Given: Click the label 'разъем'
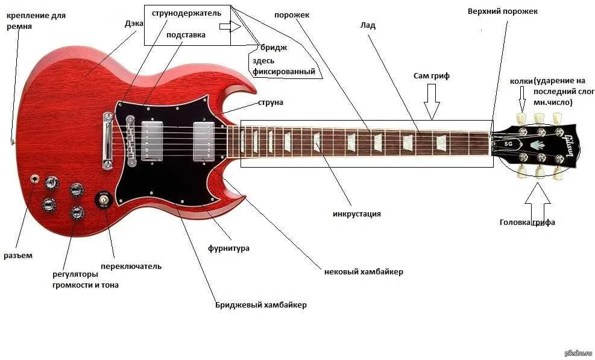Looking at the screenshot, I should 18,256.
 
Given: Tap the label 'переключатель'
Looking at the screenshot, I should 131,266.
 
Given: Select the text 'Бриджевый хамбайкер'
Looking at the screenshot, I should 261,305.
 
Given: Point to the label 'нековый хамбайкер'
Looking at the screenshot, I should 364,272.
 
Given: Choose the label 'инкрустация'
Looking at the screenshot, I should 357,214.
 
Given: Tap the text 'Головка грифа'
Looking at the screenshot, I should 527,223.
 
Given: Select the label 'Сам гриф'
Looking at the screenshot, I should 432,76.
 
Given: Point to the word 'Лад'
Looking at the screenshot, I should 368,26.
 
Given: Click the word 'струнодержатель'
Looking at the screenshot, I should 186,13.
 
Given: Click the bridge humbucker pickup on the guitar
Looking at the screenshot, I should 153,141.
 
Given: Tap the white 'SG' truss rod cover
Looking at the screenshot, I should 507,144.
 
